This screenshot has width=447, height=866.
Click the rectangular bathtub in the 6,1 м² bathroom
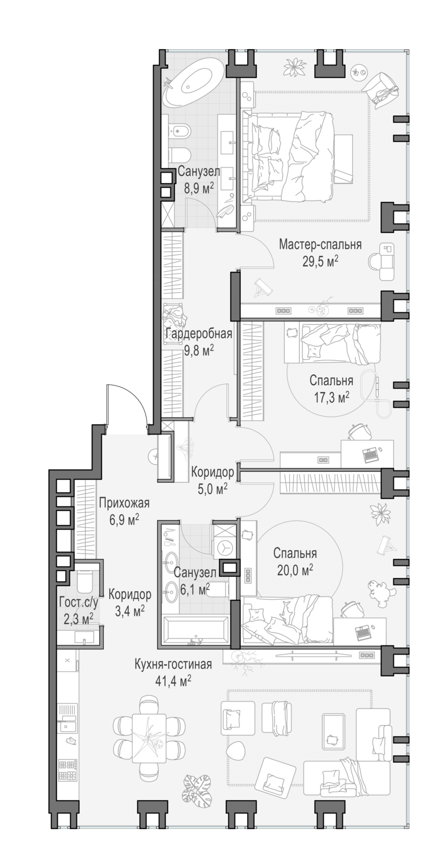(x=195, y=632)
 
